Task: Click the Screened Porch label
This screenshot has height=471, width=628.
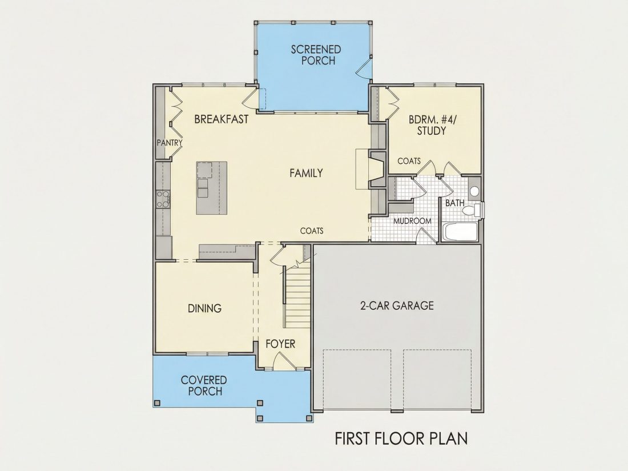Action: (316, 55)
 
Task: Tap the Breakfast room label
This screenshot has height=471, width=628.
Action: (221, 119)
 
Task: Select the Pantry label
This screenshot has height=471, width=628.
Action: (170, 143)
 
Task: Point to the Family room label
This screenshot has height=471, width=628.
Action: (306, 173)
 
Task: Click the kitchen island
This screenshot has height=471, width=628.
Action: (211, 188)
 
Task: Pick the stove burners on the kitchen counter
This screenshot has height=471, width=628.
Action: (163, 199)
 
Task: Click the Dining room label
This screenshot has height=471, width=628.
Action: (204, 308)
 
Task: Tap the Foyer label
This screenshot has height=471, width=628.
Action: (280, 344)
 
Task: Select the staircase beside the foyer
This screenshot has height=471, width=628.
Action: (297, 295)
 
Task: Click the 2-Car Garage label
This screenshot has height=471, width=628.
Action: (397, 305)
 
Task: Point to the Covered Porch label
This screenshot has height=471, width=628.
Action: (204, 385)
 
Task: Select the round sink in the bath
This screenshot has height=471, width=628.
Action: (474, 191)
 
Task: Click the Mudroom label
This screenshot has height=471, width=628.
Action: (412, 221)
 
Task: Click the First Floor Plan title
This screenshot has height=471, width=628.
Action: (401, 438)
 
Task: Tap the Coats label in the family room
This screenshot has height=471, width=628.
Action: (312, 231)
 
